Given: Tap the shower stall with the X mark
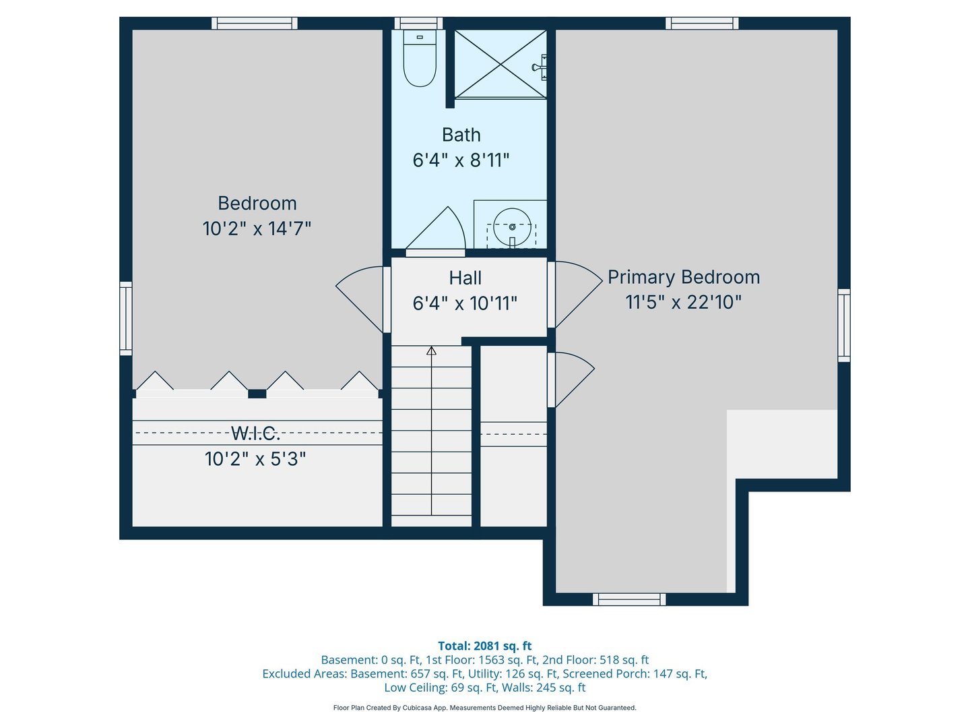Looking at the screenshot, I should pos(500,64).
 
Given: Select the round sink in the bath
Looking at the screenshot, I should pos(512,227).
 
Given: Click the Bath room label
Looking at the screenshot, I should pos(461,135).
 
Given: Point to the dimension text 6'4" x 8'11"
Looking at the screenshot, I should pos(461,160).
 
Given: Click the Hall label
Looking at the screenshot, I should pos(465,278).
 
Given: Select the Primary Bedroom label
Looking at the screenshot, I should pos(684,277).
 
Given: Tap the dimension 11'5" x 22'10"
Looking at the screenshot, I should pos(684,302).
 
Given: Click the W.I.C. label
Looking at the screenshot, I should pos(255,433).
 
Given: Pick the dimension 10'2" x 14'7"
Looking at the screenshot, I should pos(257,229).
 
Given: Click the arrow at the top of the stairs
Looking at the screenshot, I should pos(432,351).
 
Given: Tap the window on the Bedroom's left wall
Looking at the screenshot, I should pos(126,318).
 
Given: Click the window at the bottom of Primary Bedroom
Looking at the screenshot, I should pos(629,599).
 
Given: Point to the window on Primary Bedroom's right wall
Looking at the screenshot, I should pos(843,326).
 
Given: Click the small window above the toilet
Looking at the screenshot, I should pos(418,24).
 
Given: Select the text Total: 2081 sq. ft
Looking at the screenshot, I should pos(484,646).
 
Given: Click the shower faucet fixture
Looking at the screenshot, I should pos(540,67).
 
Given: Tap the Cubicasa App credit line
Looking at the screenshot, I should pos(484,708).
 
